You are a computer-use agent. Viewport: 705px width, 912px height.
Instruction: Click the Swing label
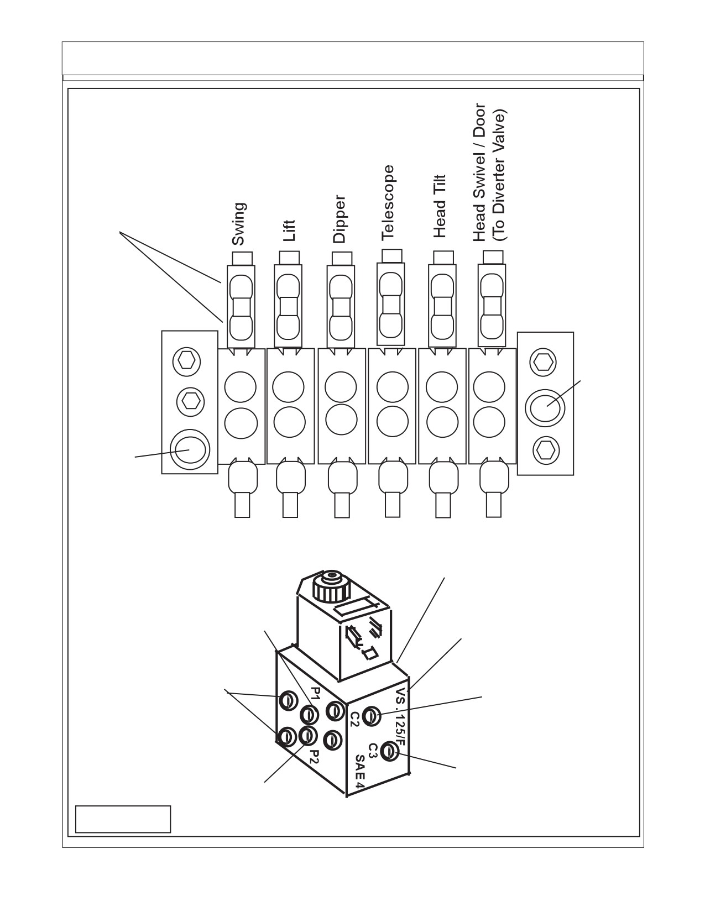click(x=239, y=224)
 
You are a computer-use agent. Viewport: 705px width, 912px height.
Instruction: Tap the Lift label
click(x=289, y=230)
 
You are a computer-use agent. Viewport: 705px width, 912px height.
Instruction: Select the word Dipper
click(x=339, y=219)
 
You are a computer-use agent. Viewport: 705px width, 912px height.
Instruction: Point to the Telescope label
click(x=388, y=203)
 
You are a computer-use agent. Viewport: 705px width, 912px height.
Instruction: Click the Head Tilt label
click(x=439, y=206)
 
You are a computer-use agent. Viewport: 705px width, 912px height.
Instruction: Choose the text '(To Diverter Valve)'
click(x=500, y=175)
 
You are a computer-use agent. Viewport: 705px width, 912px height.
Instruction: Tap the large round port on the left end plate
click(x=189, y=449)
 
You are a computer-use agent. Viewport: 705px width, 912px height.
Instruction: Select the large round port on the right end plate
click(x=545, y=408)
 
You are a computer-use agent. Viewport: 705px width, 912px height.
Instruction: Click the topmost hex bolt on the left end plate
click(x=186, y=361)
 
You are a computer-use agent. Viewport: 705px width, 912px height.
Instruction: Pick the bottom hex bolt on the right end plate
click(x=546, y=451)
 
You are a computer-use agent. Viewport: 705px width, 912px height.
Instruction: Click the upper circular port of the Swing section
click(x=240, y=386)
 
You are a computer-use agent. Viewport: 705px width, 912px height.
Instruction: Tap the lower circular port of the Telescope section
click(x=393, y=421)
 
